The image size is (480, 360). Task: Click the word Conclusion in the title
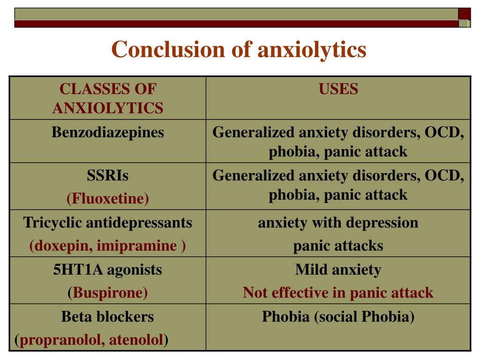[169, 49]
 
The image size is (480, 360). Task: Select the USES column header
[338, 89]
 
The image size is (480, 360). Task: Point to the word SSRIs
[108, 176]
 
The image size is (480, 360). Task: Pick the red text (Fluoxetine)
[108, 199]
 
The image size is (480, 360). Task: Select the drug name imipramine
[137, 246]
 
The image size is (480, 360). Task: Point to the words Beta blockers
[107, 316]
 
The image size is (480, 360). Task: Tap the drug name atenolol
[136, 340]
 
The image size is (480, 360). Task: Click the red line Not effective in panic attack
[338, 292]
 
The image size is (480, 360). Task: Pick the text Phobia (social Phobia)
[338, 317]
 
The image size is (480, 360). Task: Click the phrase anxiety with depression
[338, 223]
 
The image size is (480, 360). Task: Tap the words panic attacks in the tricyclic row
[338, 246]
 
